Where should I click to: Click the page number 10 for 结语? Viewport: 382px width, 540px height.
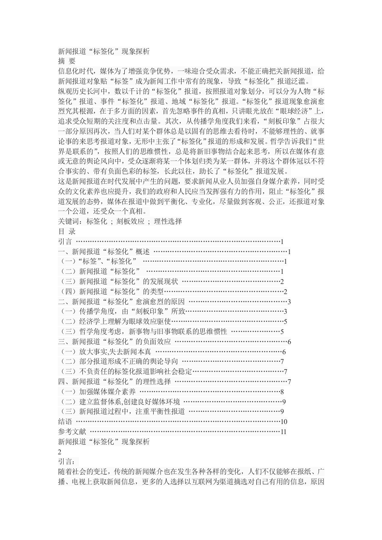(x=284, y=421)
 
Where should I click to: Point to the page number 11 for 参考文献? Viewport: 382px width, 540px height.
(x=284, y=431)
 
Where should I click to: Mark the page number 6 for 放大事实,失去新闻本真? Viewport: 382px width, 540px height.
(x=285, y=351)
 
